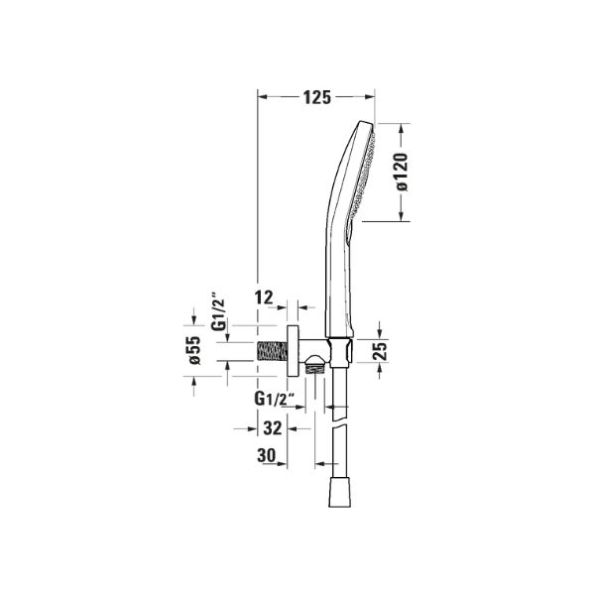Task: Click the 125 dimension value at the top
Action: tap(317, 97)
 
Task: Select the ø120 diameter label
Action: tap(402, 172)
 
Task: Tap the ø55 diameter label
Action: tap(194, 350)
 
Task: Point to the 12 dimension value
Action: tap(264, 297)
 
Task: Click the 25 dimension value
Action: tap(380, 351)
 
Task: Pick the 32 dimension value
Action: tap(273, 428)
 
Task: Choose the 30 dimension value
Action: tap(267, 455)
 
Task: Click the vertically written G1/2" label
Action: tap(219, 311)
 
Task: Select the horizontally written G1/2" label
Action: tap(275, 399)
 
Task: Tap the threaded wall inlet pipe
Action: tap(272, 351)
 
